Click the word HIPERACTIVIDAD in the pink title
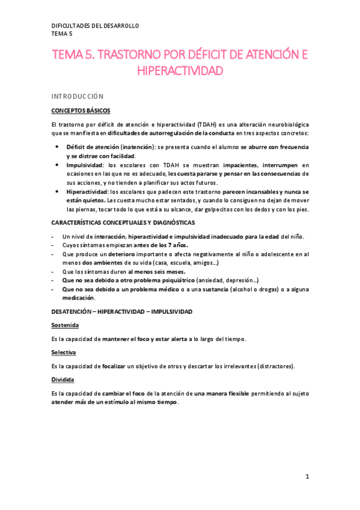180,71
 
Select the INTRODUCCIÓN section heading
78,96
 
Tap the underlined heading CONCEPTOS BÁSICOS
81,110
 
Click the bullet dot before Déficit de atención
56,147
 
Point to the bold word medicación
78,298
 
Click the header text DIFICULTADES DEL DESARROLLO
96,26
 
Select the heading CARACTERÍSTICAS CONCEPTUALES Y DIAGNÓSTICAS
123,223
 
